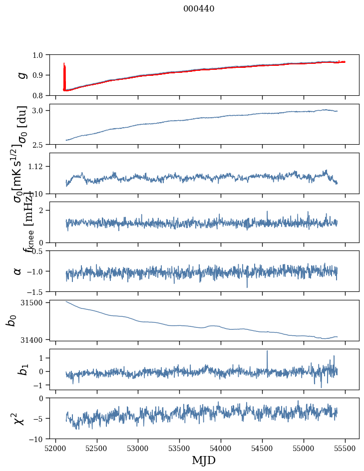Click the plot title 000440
199,9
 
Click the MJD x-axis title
204,460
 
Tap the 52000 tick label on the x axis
55,448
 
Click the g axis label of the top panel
21,75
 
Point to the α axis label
18,271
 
